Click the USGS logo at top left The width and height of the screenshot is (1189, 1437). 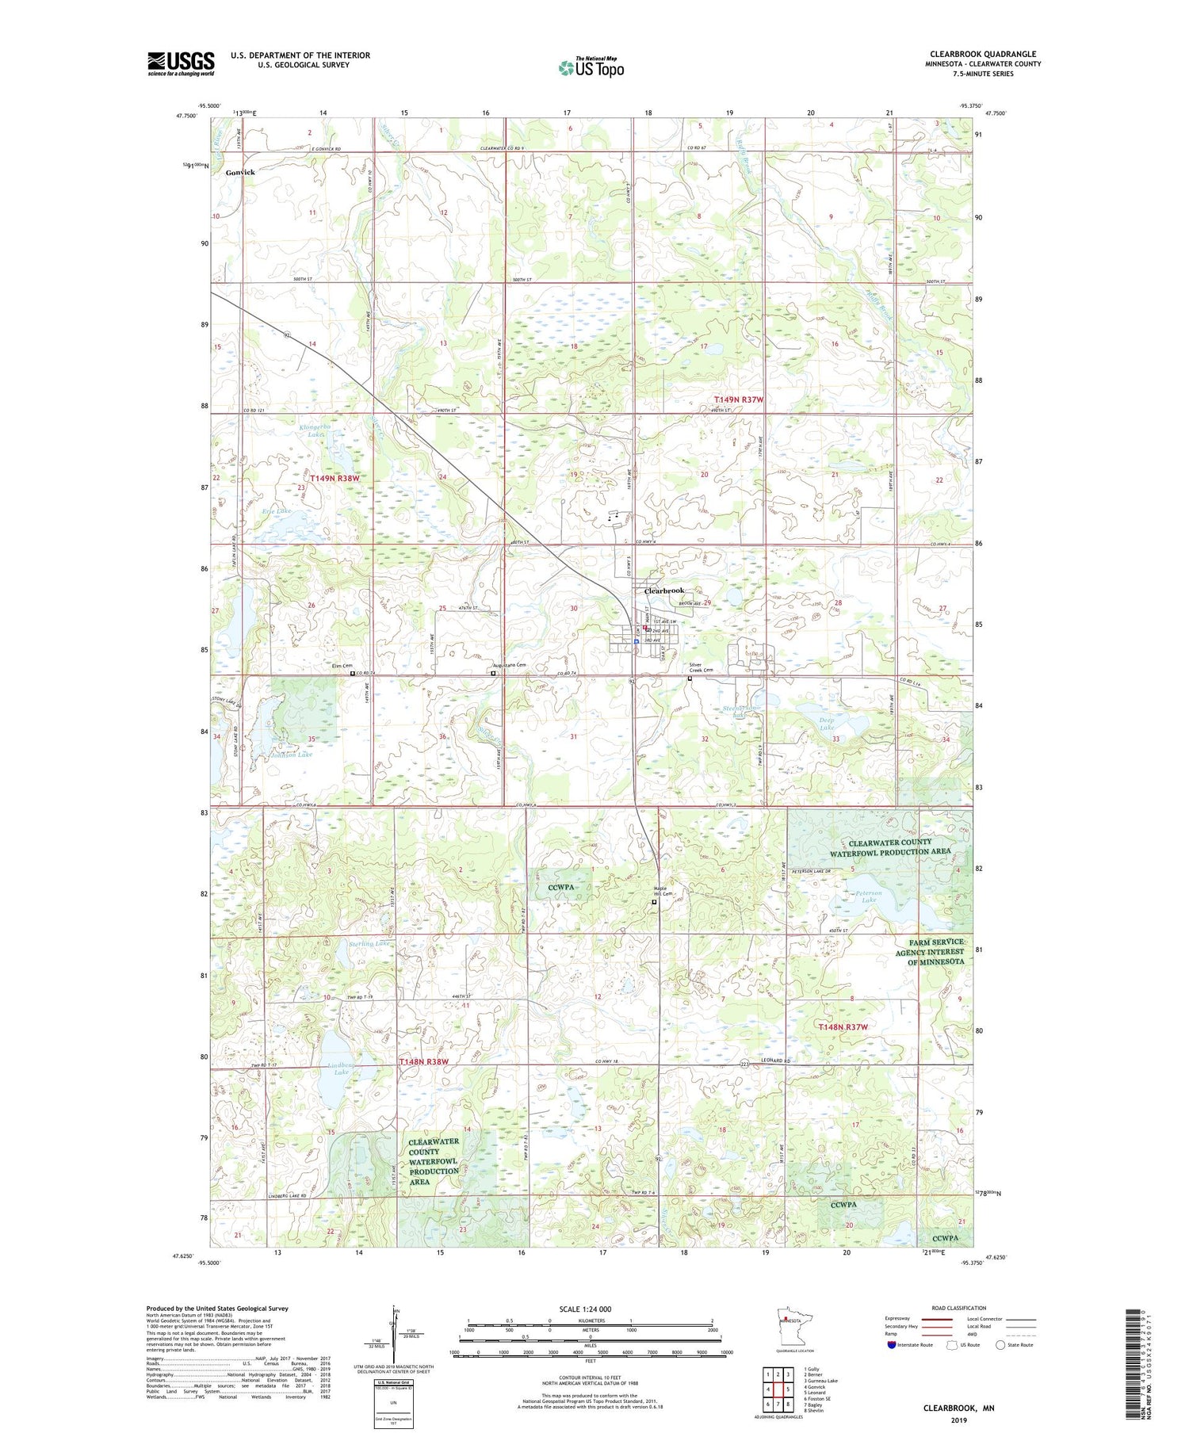181,63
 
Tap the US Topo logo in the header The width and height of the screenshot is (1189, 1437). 591,67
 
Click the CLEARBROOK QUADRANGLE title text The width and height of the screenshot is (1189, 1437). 983,54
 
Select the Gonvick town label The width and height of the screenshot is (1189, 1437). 240,172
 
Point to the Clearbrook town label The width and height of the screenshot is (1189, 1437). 663,590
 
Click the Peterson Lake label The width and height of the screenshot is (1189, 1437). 868,896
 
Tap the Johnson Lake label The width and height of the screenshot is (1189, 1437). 291,755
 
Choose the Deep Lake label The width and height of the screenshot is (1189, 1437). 827,723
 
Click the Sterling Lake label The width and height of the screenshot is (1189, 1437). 369,944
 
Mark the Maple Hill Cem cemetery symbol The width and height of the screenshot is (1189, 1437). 655,902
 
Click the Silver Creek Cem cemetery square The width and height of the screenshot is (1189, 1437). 690,678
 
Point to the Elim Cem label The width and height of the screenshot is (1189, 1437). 341,667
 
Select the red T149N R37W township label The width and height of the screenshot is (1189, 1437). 738,399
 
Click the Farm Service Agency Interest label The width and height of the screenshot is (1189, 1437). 930,951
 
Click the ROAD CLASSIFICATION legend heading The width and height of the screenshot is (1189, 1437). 959,1308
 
